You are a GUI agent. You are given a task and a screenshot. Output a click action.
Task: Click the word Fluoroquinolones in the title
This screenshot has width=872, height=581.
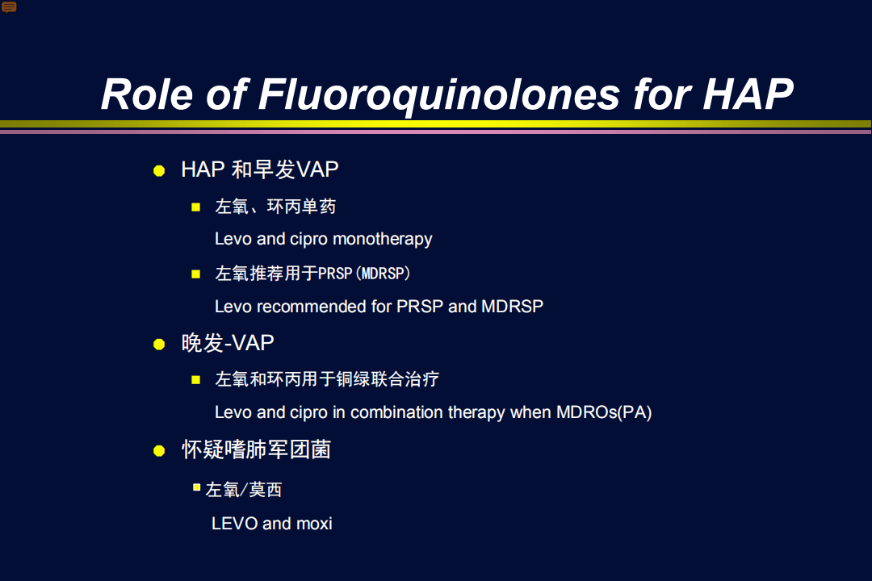439,95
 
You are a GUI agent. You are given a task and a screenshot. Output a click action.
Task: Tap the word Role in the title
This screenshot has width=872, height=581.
147,94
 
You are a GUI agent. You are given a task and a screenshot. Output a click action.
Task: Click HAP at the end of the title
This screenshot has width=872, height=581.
748,94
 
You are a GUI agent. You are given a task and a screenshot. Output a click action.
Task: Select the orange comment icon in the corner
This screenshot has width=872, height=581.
9,7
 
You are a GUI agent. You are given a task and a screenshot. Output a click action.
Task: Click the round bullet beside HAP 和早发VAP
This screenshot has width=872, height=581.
159,171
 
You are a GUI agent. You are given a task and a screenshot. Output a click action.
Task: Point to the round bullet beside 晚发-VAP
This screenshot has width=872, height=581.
159,344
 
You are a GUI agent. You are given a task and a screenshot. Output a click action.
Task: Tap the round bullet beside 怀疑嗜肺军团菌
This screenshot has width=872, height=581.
159,450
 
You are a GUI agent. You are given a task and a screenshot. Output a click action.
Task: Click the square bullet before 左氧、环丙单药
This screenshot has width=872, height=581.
195,207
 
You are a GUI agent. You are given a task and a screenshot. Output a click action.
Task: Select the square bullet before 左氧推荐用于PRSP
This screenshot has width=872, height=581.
195,274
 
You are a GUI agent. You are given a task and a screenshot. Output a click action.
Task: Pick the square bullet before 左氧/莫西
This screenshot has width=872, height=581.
196,487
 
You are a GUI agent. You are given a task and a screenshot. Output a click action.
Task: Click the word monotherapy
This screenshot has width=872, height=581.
383,239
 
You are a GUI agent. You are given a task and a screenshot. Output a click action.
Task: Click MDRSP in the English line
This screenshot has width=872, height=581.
512,307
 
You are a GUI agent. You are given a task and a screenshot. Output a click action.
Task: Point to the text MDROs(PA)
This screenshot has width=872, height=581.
604,412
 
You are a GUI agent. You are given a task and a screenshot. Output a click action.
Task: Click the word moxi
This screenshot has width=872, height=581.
314,524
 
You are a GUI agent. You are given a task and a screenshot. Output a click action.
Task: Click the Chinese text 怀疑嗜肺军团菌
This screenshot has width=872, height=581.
257,449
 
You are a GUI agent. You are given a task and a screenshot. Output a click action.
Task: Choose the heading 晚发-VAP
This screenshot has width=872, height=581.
228,343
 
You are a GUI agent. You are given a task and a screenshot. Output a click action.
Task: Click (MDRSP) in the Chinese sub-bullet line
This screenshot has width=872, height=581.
384,274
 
